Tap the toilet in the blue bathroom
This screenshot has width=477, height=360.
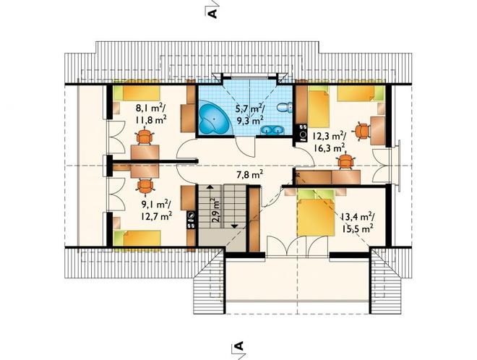pyautogui.click(x=285, y=107)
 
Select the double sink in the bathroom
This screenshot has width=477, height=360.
pyautogui.click(x=272, y=130)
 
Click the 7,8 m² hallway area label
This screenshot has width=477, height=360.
pyautogui.click(x=249, y=175)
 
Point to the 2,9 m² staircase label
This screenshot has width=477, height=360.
pyautogui.click(x=215, y=211)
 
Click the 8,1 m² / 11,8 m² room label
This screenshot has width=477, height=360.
pyautogui.click(x=151, y=113)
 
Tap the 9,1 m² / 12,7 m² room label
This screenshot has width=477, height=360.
pyautogui.click(x=156, y=210)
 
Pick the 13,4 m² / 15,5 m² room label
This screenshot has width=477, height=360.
pyautogui.click(x=357, y=223)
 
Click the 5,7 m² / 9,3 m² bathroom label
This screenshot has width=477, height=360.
pyautogui.click(x=250, y=114)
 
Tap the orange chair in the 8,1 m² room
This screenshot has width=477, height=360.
pyautogui.click(x=145, y=137)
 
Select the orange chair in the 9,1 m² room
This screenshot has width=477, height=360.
pyautogui.click(x=145, y=187)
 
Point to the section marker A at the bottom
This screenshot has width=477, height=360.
pyautogui.click(x=240, y=346)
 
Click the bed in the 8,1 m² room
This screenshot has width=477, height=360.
pyautogui.click(x=137, y=93)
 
